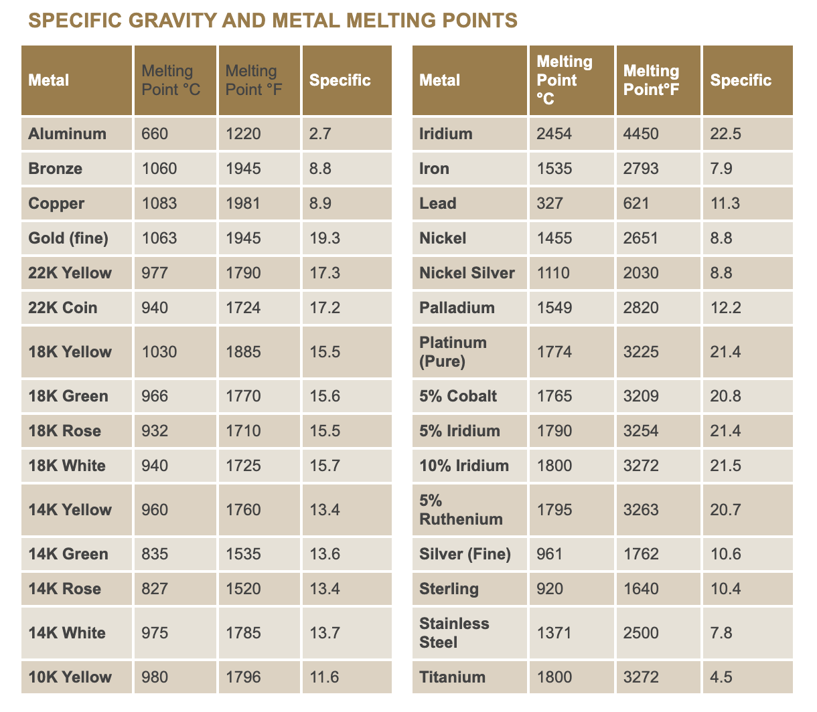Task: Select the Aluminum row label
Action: tap(67, 134)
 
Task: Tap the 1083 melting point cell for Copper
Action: tap(159, 203)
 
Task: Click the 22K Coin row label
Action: tap(62, 308)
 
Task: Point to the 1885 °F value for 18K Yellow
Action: tap(242, 352)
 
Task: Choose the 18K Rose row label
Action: tap(64, 431)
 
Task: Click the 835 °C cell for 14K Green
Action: tap(155, 554)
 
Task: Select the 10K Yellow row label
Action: tap(70, 677)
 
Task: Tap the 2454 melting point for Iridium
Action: tap(554, 134)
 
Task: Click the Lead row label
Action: tap(437, 203)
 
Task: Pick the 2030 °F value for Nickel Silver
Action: tap(640, 273)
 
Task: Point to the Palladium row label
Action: tap(457, 308)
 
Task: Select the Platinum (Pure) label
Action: tap(453, 352)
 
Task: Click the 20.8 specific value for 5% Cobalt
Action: tap(725, 396)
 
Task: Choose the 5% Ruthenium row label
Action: tap(460, 510)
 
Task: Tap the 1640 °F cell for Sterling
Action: tap(640, 589)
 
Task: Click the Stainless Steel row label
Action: tap(454, 633)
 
